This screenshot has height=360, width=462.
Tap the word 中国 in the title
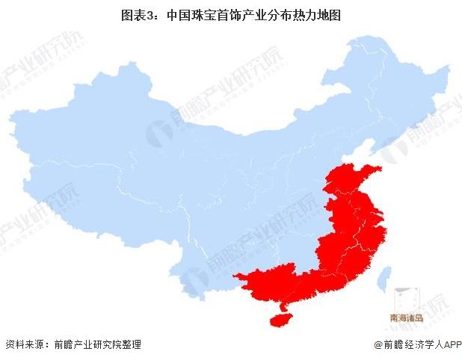point(176,14)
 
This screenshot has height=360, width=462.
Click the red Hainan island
point(279,318)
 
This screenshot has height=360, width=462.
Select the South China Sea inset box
point(407,302)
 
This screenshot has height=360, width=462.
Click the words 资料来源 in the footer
point(23,344)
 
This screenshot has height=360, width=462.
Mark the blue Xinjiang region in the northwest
point(82,127)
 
